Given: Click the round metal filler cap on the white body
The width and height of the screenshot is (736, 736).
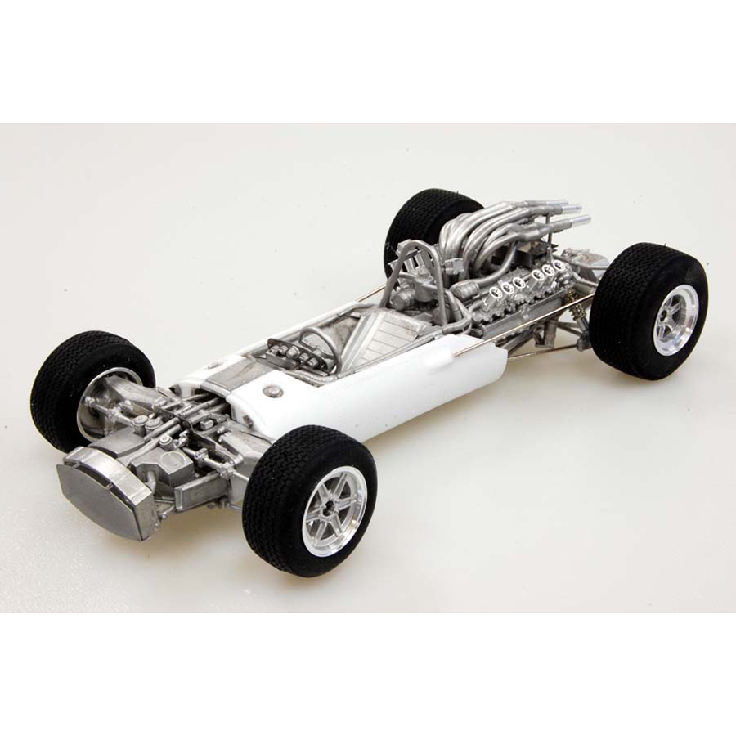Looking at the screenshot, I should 275,392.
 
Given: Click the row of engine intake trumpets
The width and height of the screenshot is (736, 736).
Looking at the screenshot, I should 523,278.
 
